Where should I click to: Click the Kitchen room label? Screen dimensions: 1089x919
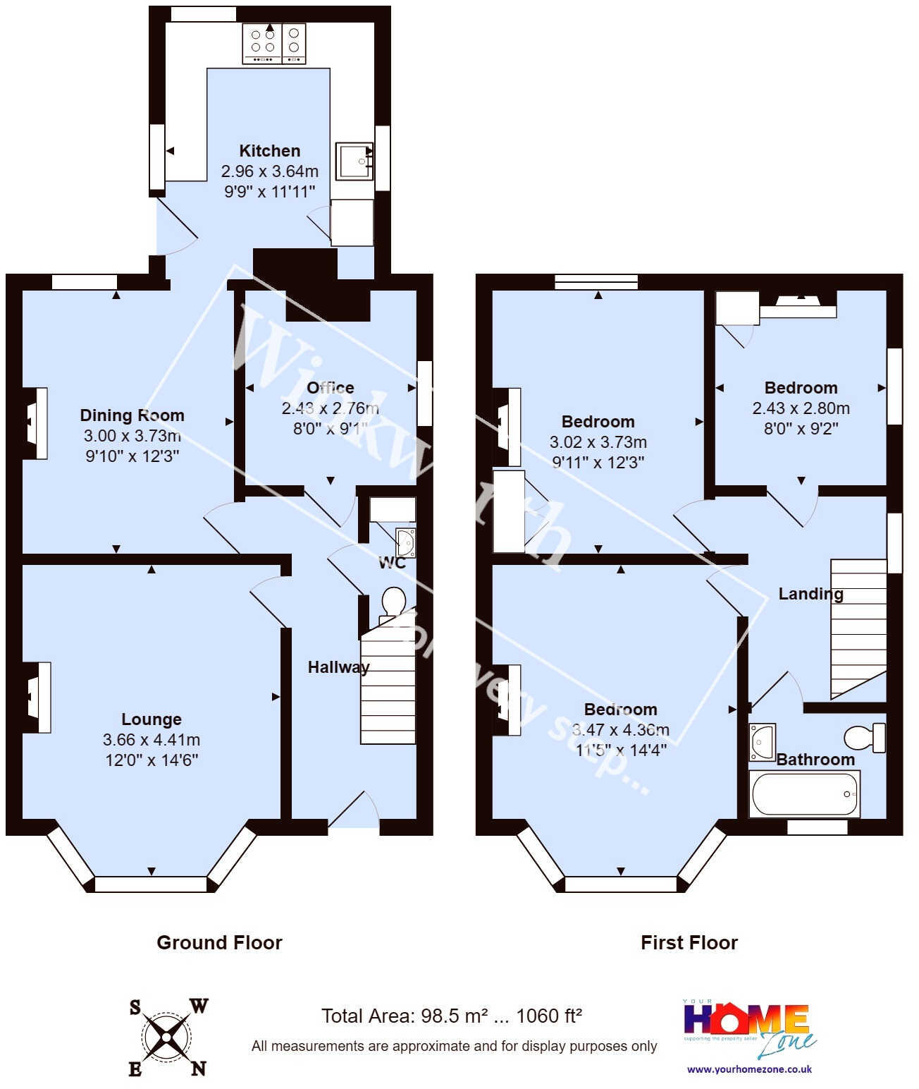[x=269, y=151]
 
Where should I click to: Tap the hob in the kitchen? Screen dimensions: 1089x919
[x=274, y=43]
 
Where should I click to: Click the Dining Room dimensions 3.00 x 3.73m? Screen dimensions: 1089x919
[x=132, y=436]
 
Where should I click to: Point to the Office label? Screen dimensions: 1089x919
[x=330, y=388]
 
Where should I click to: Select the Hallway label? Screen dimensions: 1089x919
[x=338, y=667]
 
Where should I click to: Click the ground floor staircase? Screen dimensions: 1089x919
[x=388, y=688]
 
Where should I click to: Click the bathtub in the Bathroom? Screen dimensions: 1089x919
[x=804, y=794]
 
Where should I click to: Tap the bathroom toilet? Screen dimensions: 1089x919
[x=865, y=738]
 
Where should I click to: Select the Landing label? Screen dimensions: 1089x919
[x=810, y=594]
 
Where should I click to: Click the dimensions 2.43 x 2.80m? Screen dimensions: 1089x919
[x=801, y=408]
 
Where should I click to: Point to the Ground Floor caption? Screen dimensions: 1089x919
[x=219, y=943]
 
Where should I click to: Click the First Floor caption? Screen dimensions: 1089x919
[x=689, y=943]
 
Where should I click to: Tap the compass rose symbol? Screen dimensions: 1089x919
[x=167, y=1037]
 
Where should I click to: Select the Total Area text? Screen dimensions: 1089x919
[x=451, y=1016]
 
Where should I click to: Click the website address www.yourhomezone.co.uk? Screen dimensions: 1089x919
[x=749, y=1069]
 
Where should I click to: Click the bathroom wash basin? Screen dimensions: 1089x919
[x=762, y=741]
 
